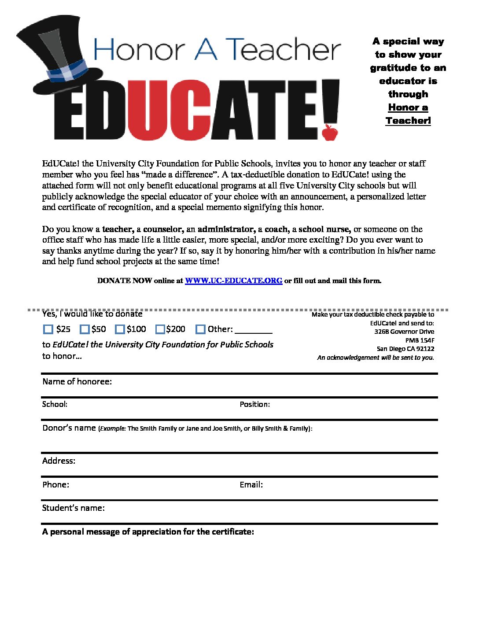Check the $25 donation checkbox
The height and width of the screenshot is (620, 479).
48,329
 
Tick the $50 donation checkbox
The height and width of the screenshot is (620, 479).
85,329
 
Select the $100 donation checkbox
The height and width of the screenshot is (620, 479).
120,329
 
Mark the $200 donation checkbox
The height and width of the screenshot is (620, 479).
160,329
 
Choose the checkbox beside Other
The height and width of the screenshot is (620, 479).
200,329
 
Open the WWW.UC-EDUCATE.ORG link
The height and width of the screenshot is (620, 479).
233,280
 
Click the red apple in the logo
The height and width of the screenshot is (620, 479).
330,132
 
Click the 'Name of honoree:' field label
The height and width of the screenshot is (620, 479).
77,381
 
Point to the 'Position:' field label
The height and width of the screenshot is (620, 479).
254,404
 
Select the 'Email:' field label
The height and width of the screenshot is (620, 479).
251,484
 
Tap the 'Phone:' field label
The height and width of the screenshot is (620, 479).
55,484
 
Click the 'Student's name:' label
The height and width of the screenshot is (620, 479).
73,508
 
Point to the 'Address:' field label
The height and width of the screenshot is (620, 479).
59,461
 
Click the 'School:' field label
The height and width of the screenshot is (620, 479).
55,404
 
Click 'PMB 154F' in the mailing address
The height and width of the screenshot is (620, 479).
420,340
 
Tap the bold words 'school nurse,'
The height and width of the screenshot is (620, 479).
324,229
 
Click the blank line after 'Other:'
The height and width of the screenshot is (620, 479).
254,330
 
